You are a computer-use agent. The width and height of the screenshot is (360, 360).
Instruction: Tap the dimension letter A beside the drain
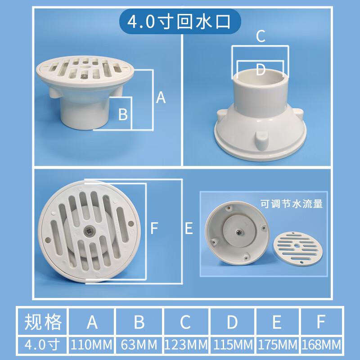pos(161,97)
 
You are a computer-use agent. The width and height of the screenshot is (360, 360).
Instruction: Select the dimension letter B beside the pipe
pos(123,114)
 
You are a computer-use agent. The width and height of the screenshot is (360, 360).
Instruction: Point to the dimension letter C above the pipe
pos(261,36)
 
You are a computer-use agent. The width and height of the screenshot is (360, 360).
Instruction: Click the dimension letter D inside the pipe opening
pos(261,69)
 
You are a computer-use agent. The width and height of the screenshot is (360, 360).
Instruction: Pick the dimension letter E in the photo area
pos(189,228)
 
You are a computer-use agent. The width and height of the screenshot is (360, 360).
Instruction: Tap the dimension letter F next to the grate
pos(154,228)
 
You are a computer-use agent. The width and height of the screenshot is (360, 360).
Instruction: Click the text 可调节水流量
pos(291,204)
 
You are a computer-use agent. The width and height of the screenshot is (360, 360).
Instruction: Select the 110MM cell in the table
pos(91,345)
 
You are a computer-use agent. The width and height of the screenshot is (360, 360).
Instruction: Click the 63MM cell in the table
pos(139,345)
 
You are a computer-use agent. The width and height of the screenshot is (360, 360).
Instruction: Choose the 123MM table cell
pos(186,345)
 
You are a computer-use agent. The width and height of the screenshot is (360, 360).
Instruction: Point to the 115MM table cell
pos(232,345)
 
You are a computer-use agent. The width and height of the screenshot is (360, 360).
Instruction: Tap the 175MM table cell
pos(277,345)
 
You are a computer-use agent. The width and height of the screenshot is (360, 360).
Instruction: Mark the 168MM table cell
pos(321,345)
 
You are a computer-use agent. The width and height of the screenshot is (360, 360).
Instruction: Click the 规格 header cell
pos(42,322)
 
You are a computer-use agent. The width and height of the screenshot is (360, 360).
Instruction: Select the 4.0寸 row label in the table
pos(42,345)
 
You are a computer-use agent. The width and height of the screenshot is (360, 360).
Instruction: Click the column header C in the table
pos(186,322)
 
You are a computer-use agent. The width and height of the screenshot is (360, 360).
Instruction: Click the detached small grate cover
pos(297,248)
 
